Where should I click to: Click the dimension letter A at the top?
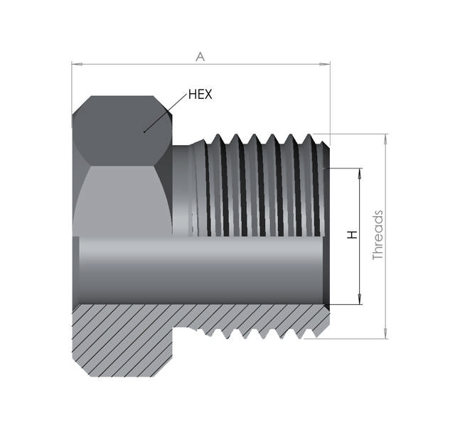tap(200, 57)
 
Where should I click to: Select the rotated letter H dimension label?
tap(352, 235)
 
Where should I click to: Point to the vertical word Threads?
tap(378, 235)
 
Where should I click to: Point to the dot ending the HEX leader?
tap(144, 131)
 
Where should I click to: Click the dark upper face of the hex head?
tap(121, 132)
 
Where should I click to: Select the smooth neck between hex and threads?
tap(183, 188)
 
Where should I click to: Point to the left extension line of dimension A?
tap(72, 85)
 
